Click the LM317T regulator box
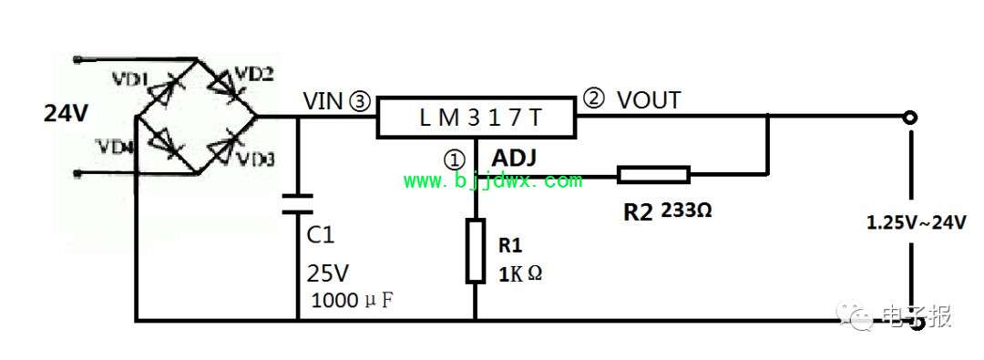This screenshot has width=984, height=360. [476, 118]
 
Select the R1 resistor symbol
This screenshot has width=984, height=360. [475, 251]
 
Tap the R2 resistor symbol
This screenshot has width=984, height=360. [653, 175]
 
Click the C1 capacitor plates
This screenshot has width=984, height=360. [297, 203]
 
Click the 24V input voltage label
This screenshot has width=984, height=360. [66, 114]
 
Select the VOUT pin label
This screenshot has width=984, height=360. [649, 100]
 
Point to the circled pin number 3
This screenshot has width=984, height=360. [364, 101]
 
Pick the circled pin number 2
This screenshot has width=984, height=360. [592, 98]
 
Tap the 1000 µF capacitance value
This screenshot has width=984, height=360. [352, 301]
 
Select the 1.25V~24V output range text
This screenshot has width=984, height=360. [917, 222]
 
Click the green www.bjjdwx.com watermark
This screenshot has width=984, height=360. [493, 181]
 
